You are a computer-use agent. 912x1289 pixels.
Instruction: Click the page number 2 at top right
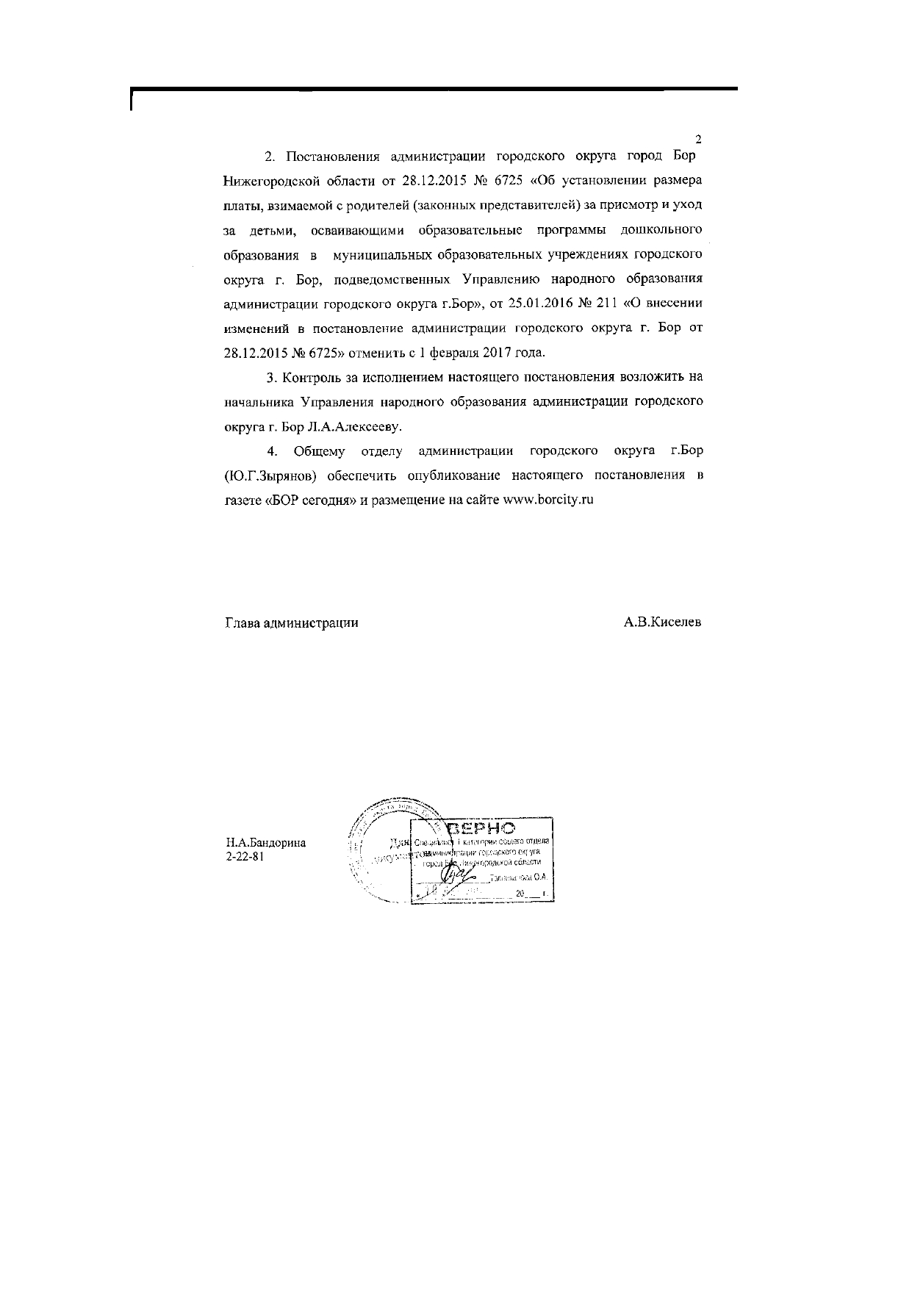point(698,139)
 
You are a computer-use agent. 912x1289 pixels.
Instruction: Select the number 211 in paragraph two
point(606,303)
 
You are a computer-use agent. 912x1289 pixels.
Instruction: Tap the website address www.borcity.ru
point(547,499)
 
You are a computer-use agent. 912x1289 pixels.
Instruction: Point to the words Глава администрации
point(291,622)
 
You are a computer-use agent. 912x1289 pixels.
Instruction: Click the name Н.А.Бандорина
point(265,843)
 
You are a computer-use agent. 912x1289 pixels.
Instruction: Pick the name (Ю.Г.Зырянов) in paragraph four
point(270,475)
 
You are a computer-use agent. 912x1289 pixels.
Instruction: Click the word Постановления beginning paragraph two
point(332,156)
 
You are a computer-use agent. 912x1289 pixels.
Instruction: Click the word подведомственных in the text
point(387,279)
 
